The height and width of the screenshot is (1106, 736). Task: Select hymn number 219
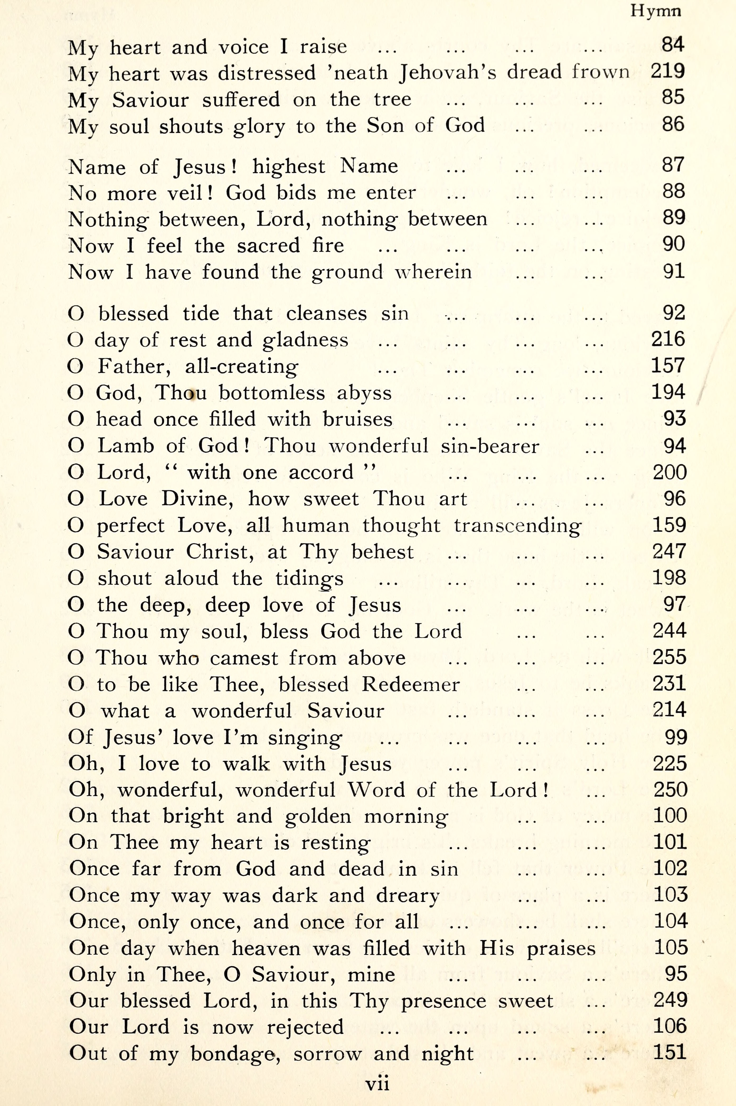pos(667,71)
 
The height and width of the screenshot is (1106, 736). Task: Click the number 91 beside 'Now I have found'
pos(674,271)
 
